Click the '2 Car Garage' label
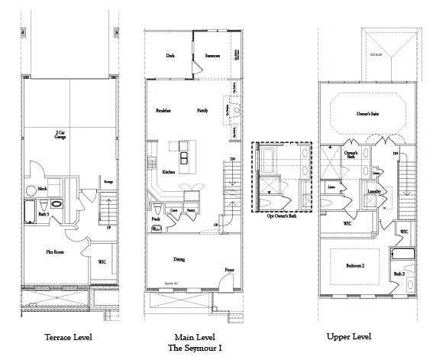60,134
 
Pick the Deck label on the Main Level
171,55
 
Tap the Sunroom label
213,55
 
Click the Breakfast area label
163,111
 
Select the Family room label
202,111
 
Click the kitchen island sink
184,158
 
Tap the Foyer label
229,270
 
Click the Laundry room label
374,191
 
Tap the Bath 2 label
399,273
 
